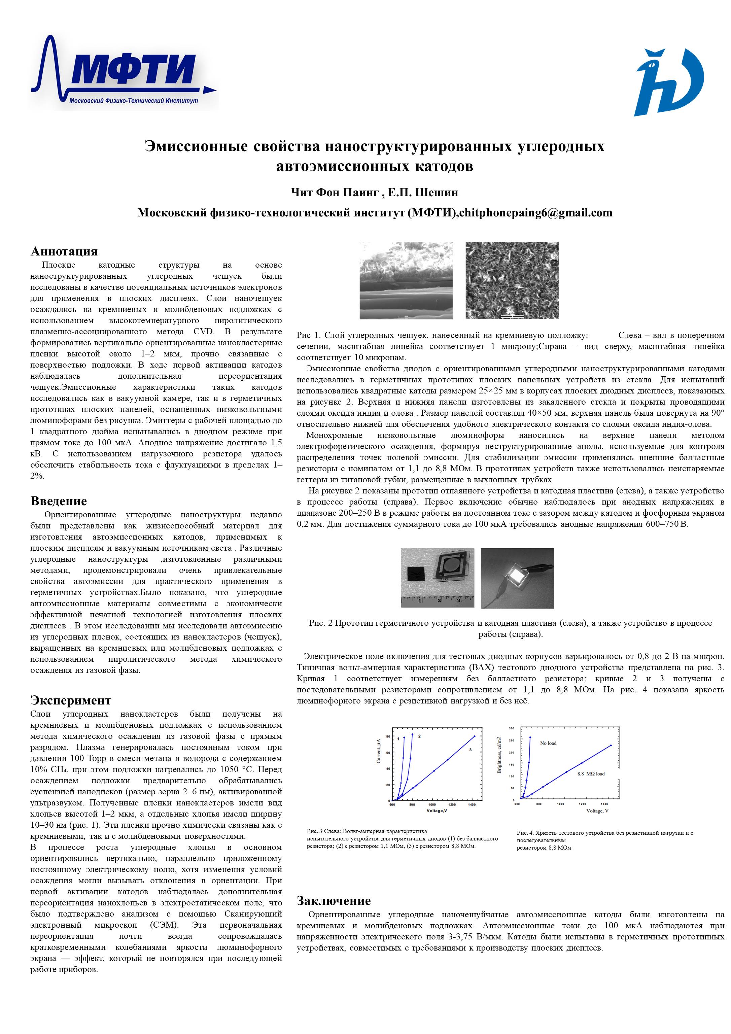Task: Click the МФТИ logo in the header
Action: (x=124, y=72)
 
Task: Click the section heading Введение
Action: (x=59, y=501)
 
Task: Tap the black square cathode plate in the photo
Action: (x=415, y=574)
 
